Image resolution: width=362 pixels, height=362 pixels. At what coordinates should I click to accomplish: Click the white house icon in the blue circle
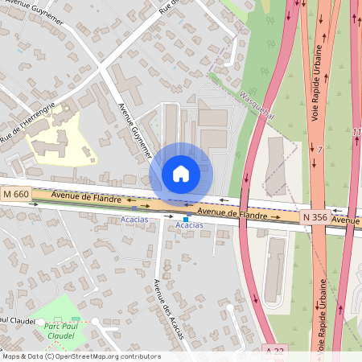pyautogui.click(x=181, y=174)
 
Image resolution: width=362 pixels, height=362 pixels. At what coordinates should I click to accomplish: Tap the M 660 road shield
pyautogui.click(x=16, y=194)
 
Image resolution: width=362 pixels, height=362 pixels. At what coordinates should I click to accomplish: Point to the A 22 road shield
pyautogui.click(x=275, y=352)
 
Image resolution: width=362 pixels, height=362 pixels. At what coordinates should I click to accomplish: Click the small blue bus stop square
pyautogui.click(x=186, y=218)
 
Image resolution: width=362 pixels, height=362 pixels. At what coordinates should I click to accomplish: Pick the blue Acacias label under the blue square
pyautogui.click(x=189, y=226)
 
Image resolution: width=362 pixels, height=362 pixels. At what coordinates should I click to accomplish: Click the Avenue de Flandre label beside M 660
pyautogui.click(x=86, y=197)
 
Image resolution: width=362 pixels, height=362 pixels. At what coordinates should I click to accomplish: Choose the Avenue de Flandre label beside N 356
pyautogui.click(x=232, y=212)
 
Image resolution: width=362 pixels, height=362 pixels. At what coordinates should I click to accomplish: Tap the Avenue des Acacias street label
pyautogui.click(x=168, y=309)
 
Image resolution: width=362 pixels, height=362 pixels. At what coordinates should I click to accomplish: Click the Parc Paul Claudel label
pyautogui.click(x=61, y=331)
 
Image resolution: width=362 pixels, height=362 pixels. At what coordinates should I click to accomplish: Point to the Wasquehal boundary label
pyautogui.click(x=257, y=105)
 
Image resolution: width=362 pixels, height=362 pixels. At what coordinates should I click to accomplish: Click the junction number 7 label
pyautogui.click(x=319, y=150)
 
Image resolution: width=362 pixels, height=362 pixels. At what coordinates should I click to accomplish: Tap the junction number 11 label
pyautogui.click(x=356, y=132)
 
